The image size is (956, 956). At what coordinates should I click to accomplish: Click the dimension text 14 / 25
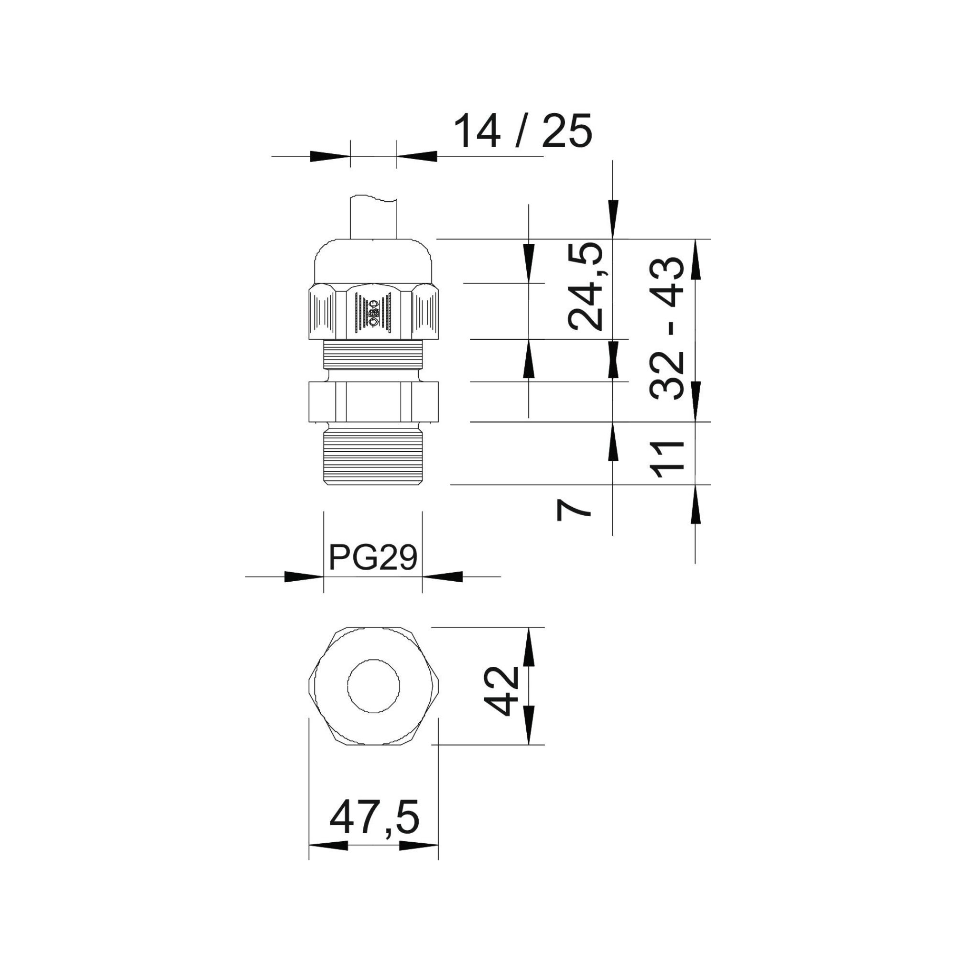pyautogui.click(x=522, y=130)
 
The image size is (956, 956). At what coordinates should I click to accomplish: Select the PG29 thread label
pyautogui.click(x=373, y=558)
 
